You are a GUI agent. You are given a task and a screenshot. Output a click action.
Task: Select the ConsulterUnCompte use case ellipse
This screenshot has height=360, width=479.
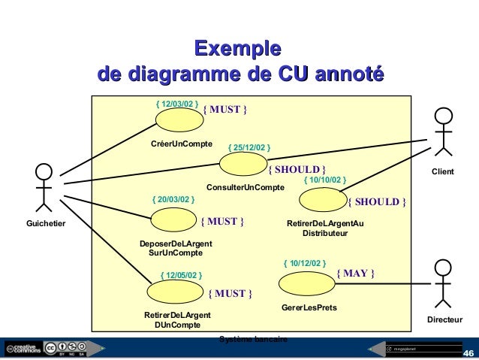coord(246,167)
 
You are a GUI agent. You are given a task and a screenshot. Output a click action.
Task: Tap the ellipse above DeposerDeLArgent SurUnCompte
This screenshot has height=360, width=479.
coord(173,219)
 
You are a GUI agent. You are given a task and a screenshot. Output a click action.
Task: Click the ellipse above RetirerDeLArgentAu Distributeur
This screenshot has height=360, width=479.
coord(322,201)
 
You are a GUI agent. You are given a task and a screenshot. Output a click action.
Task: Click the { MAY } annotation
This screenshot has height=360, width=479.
coord(354,273)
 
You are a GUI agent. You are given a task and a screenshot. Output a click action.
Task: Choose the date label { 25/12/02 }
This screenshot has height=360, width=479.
coord(249,147)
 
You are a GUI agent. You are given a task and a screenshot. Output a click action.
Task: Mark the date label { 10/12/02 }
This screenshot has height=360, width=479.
coord(304,263)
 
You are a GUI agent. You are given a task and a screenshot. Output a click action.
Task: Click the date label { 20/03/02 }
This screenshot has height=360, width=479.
coord(173,200)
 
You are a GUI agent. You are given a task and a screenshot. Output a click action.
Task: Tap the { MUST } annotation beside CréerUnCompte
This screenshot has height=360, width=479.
coord(225,110)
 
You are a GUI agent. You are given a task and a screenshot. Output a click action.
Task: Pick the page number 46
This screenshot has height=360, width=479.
coord(468,353)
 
